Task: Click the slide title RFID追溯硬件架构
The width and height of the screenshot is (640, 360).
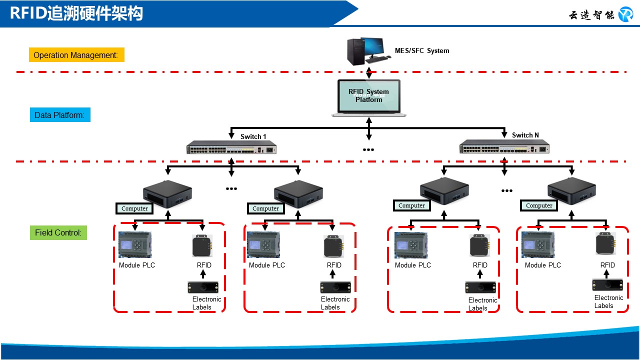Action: tap(76, 13)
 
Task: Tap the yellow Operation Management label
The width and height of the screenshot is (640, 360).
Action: tap(76, 55)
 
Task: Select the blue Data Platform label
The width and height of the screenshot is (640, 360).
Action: tap(59, 115)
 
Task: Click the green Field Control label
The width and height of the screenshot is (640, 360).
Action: tap(58, 232)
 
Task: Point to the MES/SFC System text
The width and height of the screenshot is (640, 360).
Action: tap(422, 50)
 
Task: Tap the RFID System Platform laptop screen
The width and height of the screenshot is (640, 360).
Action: tap(368, 95)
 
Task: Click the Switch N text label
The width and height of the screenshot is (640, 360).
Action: tap(525, 135)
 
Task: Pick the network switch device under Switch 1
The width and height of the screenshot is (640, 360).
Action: tap(231, 148)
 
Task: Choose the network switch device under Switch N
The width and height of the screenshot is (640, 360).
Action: tap(504, 147)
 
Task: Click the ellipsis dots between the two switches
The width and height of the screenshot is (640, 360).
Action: tap(368, 149)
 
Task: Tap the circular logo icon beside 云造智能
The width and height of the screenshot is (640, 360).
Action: tap(625, 14)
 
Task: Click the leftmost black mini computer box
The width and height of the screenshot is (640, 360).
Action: tap(167, 193)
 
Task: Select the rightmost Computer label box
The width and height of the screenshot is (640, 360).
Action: tap(539, 205)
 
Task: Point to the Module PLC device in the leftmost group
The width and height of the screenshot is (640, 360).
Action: tap(135, 245)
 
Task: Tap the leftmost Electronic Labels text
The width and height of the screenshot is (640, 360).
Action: tap(206, 303)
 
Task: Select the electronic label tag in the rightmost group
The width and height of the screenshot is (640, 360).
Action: tap(607, 285)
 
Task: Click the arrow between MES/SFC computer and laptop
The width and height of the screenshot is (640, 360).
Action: tap(369, 71)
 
